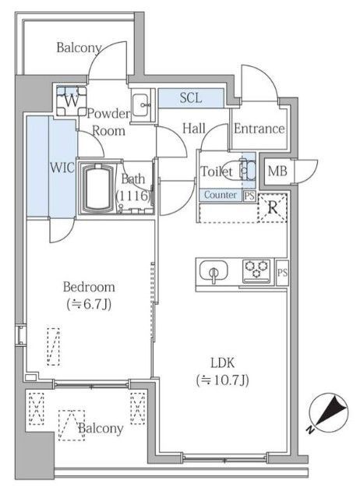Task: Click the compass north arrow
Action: click(x=329, y=414)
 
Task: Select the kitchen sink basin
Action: click(x=214, y=271)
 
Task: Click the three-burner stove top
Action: click(x=257, y=271)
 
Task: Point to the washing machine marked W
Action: click(x=72, y=101)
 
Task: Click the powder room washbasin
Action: click(x=141, y=105)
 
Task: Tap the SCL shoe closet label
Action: click(x=191, y=97)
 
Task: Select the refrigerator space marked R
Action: click(x=273, y=207)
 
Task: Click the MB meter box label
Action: click(x=277, y=171)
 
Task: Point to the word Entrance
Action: click(x=259, y=129)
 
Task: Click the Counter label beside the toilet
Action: click(x=221, y=195)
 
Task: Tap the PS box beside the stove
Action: click(x=282, y=273)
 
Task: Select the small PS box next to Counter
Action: click(x=249, y=196)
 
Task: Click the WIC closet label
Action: click(x=62, y=168)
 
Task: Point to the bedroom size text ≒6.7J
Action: click(x=89, y=304)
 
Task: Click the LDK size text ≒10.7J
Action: click(x=223, y=380)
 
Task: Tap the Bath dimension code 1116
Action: click(x=134, y=196)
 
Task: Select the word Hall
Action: click(x=194, y=129)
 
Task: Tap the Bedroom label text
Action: click(x=89, y=287)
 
